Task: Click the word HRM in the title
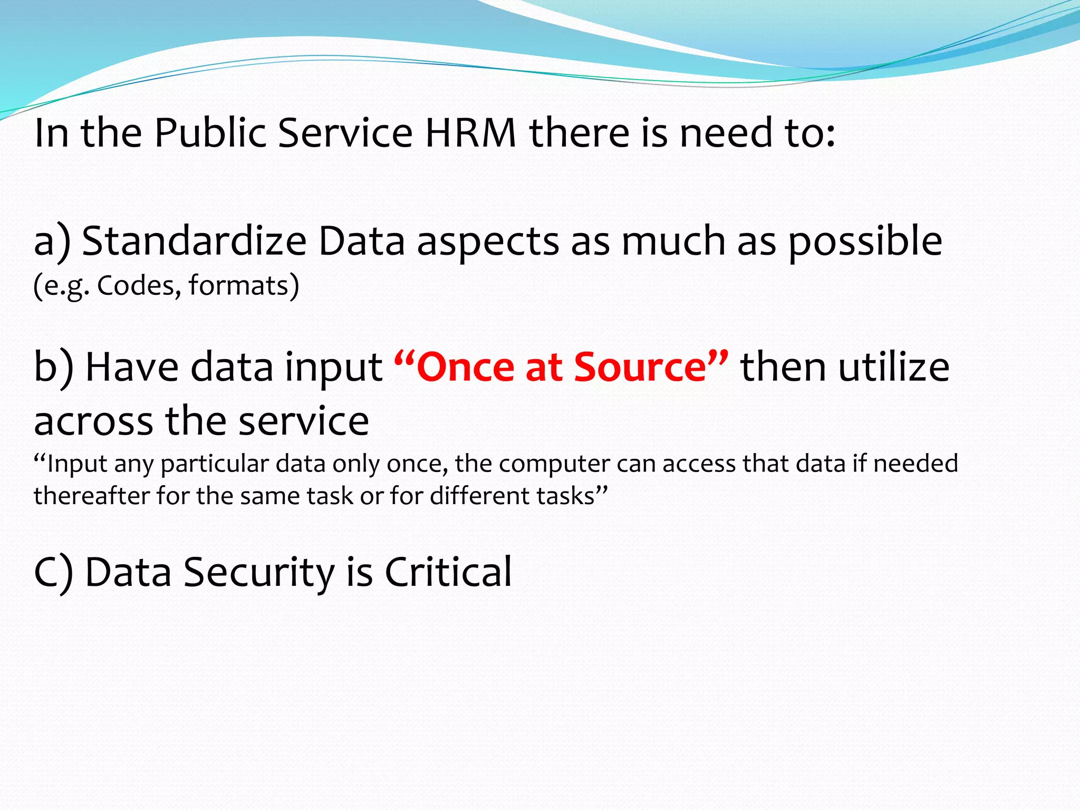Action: coord(470,132)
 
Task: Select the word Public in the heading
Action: coord(210,132)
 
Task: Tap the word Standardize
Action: coord(194,241)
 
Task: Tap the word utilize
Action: coord(894,367)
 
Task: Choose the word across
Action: coord(93,421)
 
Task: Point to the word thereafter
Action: coord(91,496)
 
